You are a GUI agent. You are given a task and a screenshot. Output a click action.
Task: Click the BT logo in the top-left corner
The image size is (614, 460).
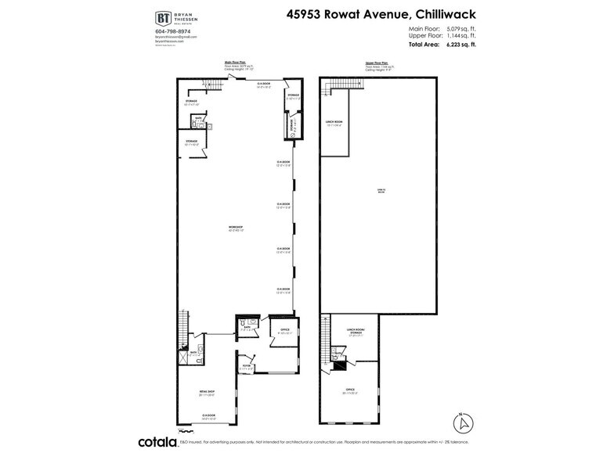(x=164, y=18)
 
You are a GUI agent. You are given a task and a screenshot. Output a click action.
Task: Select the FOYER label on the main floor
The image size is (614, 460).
(x=246, y=364)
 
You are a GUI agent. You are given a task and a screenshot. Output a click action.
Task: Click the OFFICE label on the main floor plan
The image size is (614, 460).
(x=285, y=330)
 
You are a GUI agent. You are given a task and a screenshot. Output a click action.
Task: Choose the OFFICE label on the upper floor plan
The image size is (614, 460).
(x=349, y=390)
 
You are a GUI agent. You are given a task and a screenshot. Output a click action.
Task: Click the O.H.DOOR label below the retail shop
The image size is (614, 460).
(x=208, y=416)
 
